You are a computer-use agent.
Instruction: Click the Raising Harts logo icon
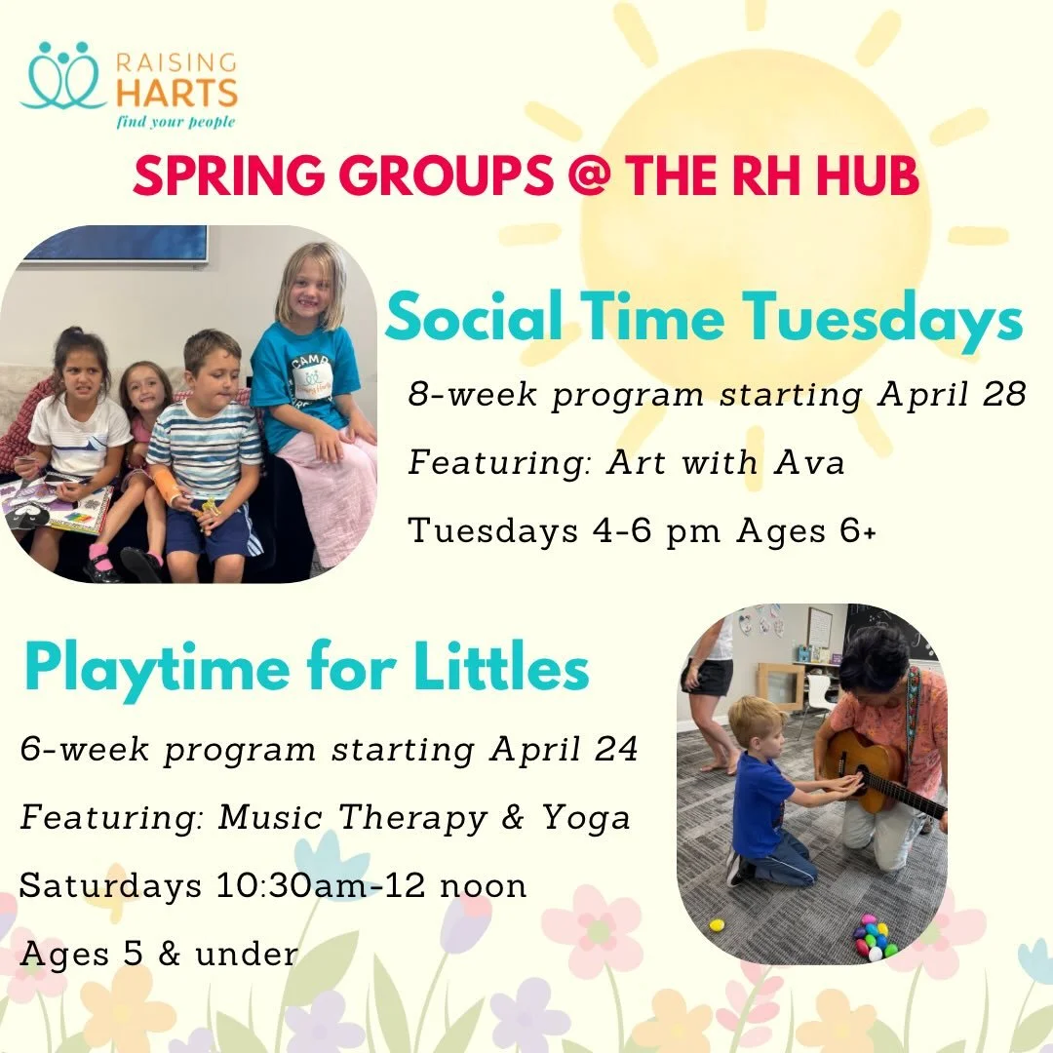tap(63, 76)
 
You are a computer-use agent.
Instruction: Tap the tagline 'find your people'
tap(175, 123)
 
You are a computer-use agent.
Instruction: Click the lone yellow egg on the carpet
tap(717, 924)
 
